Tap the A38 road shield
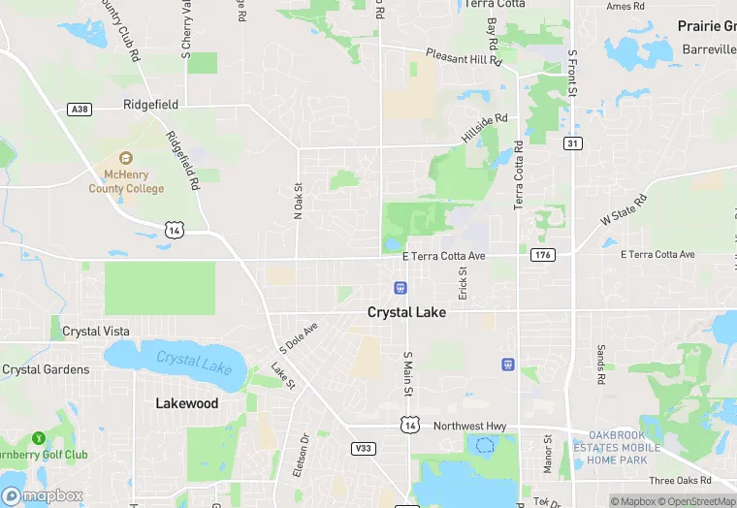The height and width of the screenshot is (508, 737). (x=80, y=110)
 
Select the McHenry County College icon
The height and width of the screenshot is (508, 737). (x=125, y=157)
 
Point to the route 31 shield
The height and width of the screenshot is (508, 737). (x=573, y=143)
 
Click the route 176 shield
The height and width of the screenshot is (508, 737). (x=542, y=255)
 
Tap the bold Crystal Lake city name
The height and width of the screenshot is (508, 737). (x=406, y=312)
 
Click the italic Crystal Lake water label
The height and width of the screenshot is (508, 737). (x=194, y=363)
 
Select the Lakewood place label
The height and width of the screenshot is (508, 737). (x=187, y=403)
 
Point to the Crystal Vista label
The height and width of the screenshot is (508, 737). (x=95, y=332)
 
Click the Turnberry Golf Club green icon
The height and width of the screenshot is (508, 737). (x=39, y=438)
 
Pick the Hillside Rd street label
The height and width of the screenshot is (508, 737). (x=484, y=129)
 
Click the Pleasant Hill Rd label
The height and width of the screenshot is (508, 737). (x=464, y=58)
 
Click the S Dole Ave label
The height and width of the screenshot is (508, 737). (x=299, y=337)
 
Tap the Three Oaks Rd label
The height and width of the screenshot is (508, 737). (x=681, y=481)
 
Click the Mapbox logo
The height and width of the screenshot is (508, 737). (x=43, y=495)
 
